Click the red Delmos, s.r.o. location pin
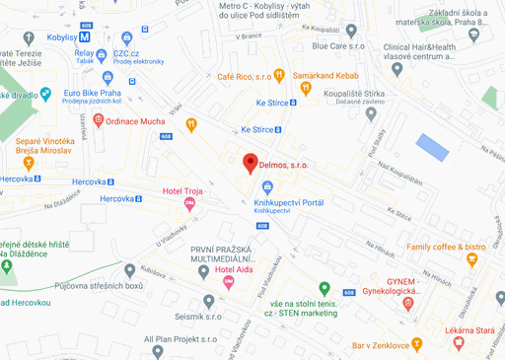coord(250,163)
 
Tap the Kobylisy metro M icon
coord(84,36)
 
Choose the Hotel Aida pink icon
coord(229,282)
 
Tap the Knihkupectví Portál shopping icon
coord(264,187)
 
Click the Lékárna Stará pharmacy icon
coord(459,341)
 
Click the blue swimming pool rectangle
coord(432,147)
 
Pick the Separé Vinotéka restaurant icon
coord(28,162)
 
